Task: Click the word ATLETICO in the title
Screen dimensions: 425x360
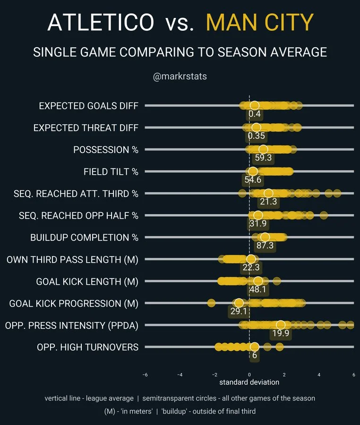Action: [101, 22]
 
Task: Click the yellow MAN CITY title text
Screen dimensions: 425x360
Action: [260, 22]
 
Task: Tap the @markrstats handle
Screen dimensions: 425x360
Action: [180, 76]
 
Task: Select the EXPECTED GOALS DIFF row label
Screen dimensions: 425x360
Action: [89, 106]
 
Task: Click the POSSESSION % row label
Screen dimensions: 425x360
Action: [106, 150]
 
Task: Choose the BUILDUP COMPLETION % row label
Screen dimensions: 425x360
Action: [85, 237]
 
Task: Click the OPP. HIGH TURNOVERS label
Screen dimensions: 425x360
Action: [88, 347]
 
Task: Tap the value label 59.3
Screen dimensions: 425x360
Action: [263, 158]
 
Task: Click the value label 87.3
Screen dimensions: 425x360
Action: [265, 246]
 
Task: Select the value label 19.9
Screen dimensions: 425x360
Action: [280, 333]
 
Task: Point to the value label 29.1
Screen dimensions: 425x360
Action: [239, 312]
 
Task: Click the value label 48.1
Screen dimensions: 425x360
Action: [257, 289]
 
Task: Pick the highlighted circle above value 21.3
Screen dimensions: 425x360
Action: [268, 193]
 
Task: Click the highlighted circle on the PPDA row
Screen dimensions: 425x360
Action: [281, 325]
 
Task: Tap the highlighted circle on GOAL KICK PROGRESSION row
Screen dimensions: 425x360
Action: [239, 303]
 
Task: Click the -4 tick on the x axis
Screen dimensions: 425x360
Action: [180, 374]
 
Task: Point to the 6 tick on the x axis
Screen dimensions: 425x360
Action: [353, 374]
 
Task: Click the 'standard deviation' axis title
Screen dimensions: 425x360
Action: [249, 382]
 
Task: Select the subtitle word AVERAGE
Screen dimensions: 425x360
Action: [295, 51]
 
